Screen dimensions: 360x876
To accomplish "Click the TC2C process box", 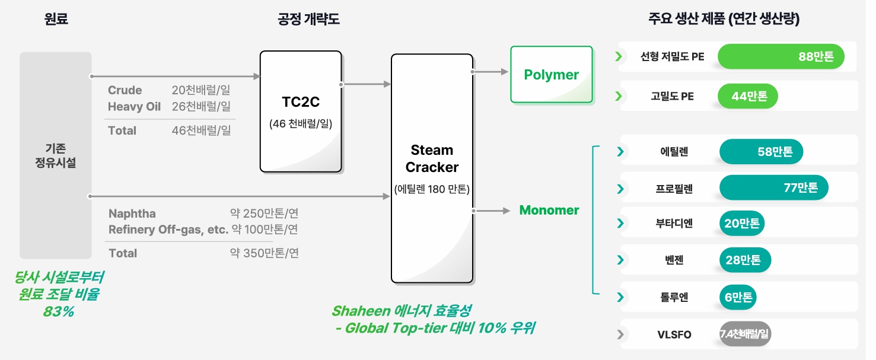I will [x=301, y=111].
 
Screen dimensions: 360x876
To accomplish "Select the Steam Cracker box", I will [x=432, y=168].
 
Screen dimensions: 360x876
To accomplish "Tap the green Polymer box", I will [x=551, y=75].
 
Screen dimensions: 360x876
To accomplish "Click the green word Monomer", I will [x=549, y=210].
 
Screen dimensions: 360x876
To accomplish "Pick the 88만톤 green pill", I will [x=781, y=57].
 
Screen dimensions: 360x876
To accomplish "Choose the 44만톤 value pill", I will [x=747, y=96].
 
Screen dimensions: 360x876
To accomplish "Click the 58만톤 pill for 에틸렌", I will [x=761, y=151].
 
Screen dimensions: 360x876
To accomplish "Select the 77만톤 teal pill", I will [x=773, y=188].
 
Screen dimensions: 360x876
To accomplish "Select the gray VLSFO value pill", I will [x=744, y=334].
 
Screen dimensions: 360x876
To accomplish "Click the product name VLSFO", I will [x=674, y=334].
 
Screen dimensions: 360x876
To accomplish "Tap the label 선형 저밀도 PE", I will [x=673, y=57].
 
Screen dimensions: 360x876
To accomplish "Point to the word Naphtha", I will [x=132, y=214].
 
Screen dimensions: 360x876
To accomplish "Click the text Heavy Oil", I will [x=134, y=107].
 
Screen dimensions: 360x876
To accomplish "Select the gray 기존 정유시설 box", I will [x=56, y=155].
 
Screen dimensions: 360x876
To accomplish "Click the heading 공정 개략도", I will [x=308, y=19].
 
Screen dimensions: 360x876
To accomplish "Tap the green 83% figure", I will [x=58, y=311].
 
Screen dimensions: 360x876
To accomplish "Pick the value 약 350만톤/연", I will [x=265, y=253].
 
